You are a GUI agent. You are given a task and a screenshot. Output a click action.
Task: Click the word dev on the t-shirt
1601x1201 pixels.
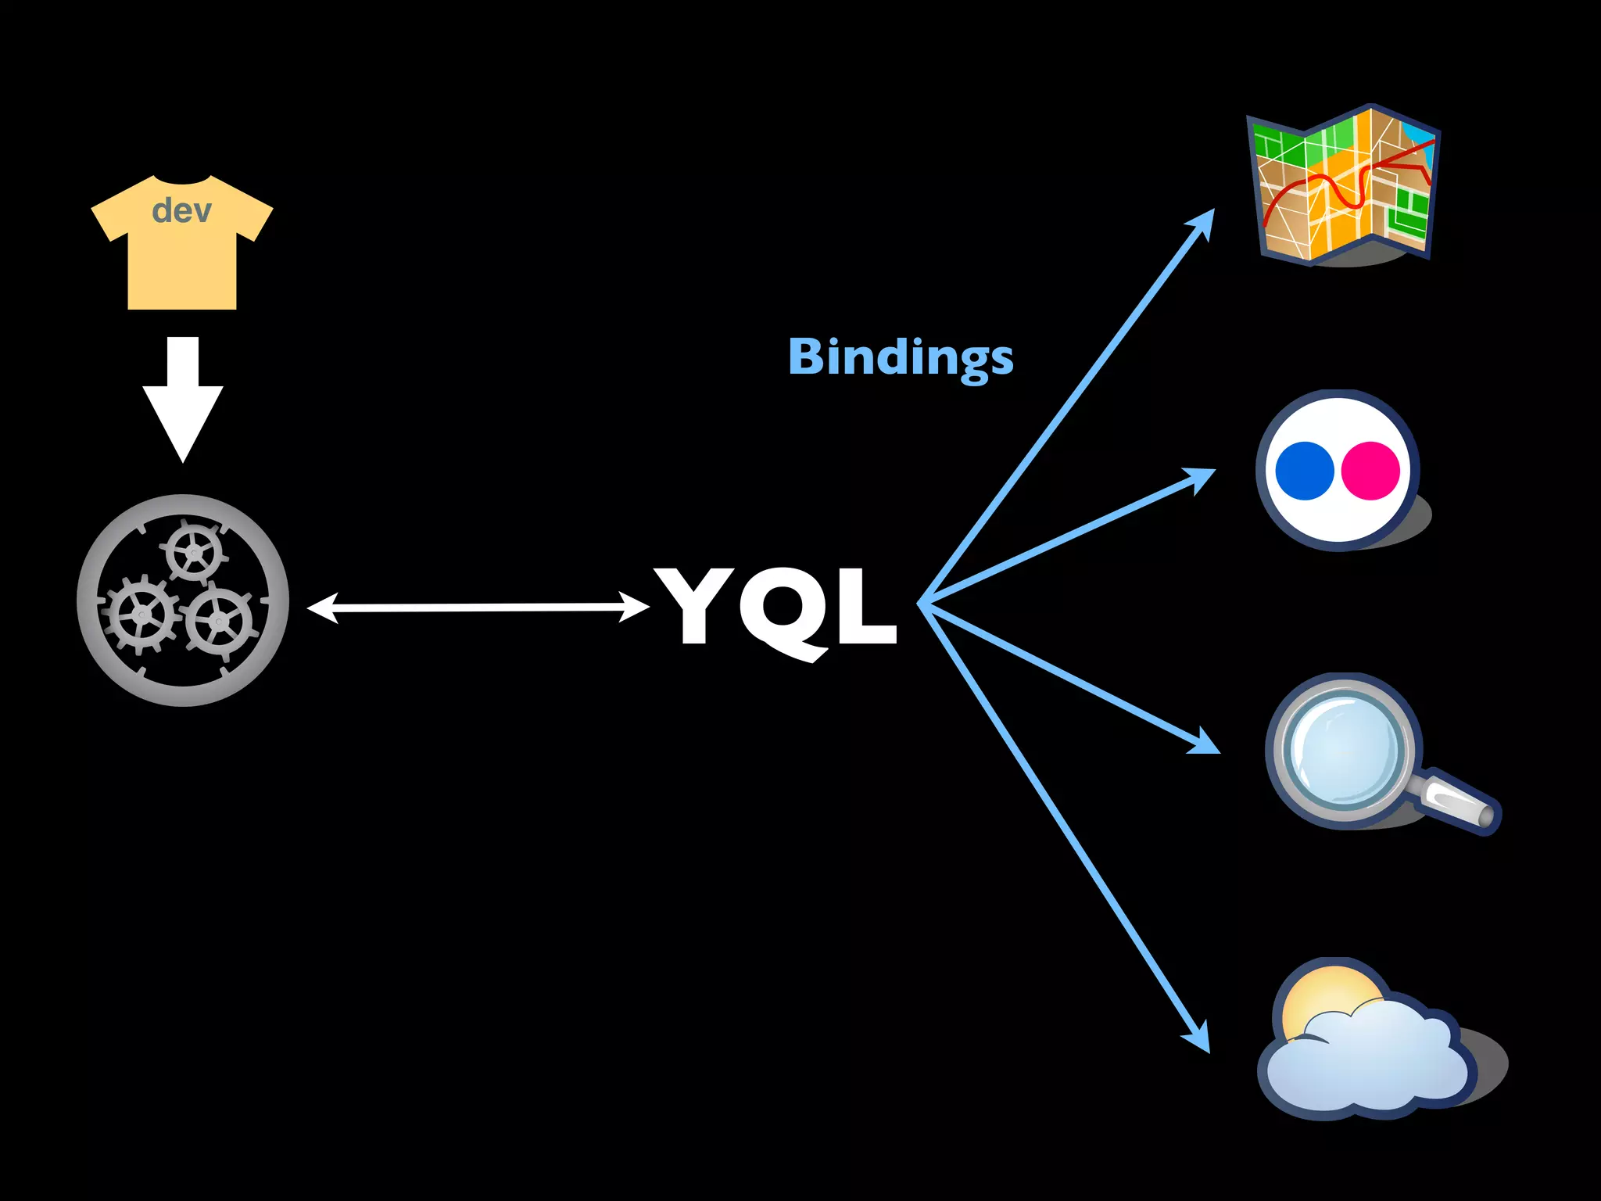click(181, 210)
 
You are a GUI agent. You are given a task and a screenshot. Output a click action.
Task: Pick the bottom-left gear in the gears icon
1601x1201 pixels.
click(141, 615)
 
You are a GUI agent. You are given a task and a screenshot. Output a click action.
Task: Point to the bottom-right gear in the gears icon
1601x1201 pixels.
click(220, 622)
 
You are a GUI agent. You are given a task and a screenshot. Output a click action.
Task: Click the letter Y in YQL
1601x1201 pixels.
click(694, 604)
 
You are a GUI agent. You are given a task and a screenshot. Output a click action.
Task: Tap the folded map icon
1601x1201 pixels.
click(1344, 185)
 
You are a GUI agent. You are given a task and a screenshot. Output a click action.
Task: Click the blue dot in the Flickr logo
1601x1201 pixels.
click(1304, 471)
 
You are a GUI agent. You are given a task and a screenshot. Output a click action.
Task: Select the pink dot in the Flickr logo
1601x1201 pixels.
click(1370, 471)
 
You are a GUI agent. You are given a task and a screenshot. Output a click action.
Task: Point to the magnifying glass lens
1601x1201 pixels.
click(1344, 749)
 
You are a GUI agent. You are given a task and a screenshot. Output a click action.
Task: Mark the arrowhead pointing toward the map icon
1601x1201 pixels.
click(1202, 223)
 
